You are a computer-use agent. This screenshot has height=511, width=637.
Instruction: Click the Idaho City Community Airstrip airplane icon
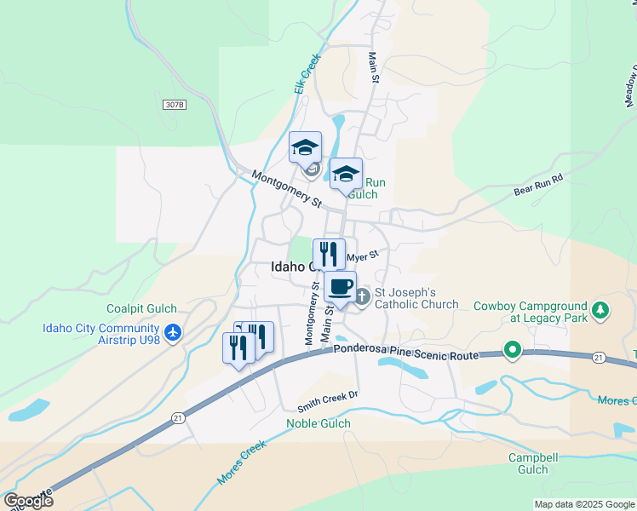pyautogui.click(x=174, y=331)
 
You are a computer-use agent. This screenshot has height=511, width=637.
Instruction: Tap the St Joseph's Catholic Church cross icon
pyautogui.click(x=362, y=297)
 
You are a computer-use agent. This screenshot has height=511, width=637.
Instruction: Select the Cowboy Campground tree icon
pyautogui.click(x=602, y=308)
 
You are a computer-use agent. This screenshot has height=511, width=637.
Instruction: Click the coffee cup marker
pyautogui.click(x=340, y=286)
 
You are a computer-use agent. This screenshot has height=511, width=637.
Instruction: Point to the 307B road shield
pyautogui.click(x=174, y=104)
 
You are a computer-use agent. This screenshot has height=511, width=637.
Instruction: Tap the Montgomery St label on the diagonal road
pyautogui.click(x=286, y=190)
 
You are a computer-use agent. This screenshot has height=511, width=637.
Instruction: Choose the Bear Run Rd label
pyautogui.click(x=539, y=186)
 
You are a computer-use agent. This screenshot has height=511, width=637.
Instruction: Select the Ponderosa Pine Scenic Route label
pyautogui.click(x=405, y=347)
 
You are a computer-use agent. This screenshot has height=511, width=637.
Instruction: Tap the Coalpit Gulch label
pyautogui.click(x=135, y=309)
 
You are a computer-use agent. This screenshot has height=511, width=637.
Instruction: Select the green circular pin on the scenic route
pyautogui.click(x=512, y=348)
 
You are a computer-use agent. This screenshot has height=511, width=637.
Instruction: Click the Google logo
pyautogui.click(x=29, y=500)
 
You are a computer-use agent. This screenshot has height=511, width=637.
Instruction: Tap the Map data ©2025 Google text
pyautogui.click(x=583, y=504)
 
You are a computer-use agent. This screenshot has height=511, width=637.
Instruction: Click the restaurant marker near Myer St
pyautogui.click(x=329, y=254)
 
